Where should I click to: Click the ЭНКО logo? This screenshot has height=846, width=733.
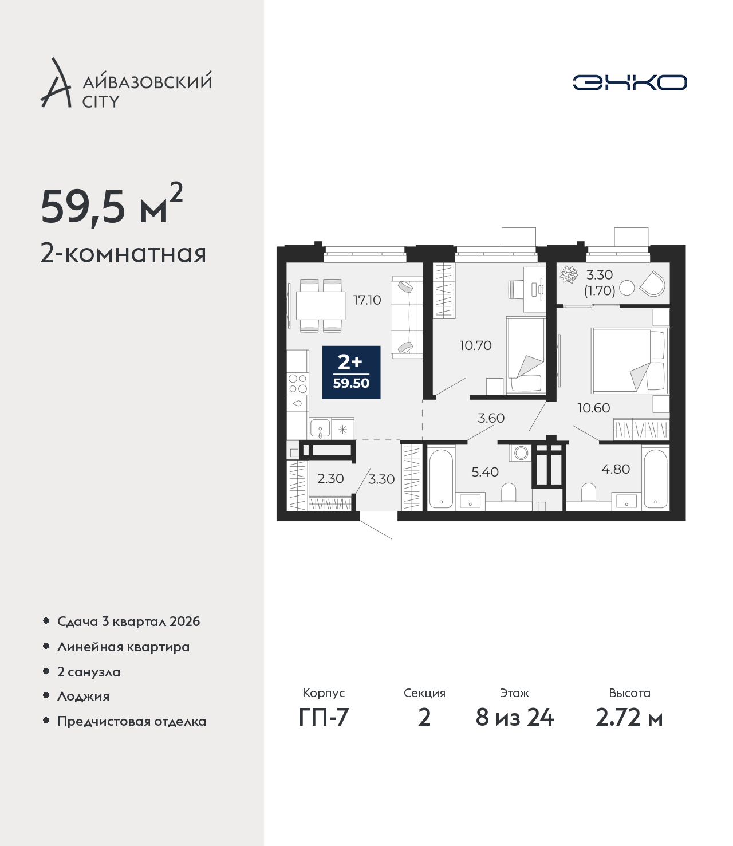pos(629,82)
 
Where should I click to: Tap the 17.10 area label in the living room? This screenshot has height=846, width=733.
pos(367,300)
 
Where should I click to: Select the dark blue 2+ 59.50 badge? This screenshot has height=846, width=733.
pos(351,372)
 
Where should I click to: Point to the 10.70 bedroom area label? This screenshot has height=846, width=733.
pos(475,345)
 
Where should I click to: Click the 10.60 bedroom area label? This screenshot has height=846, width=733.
pos(593,408)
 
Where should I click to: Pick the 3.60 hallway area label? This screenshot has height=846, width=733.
pos(491,418)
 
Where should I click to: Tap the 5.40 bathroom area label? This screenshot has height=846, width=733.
pos(485,472)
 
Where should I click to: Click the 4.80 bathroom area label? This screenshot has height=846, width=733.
pos(615,469)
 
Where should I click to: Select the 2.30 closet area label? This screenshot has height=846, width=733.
pos(330,478)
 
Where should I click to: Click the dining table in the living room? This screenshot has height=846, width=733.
pos(321,306)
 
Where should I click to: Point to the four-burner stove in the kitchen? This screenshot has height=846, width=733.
pos(298,384)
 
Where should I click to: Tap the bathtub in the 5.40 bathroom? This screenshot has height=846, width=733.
pos(441,478)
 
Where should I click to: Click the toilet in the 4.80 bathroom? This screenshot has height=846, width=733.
pos(589,492)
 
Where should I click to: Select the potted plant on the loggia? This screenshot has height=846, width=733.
pos(569,274)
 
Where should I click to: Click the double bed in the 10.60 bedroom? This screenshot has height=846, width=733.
pos(629,361)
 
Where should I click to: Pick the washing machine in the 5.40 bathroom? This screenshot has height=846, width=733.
pos(521,452)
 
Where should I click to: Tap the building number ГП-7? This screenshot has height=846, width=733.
pos(324,718)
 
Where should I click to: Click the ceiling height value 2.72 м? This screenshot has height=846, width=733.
pos(629,718)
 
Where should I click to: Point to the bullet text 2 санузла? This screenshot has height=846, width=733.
pos(88,672)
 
